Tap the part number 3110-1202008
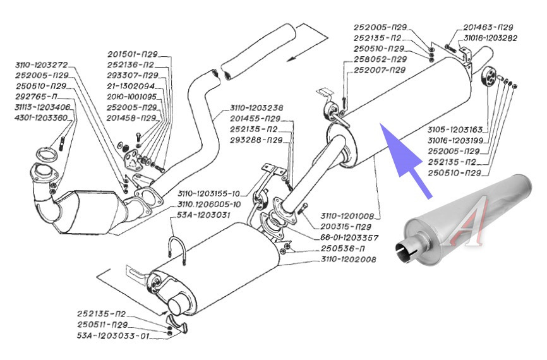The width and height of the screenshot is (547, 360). pos(347,259)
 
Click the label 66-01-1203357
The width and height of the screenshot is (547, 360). pos(349,237)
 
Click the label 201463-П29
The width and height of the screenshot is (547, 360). pos(488,28)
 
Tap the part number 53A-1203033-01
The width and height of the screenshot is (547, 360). pos(114,336)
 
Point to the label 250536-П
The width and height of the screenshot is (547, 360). pos(339,248)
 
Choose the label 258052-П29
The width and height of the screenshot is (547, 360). pos(380,59)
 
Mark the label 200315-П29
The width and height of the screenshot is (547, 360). pos(344,227)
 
